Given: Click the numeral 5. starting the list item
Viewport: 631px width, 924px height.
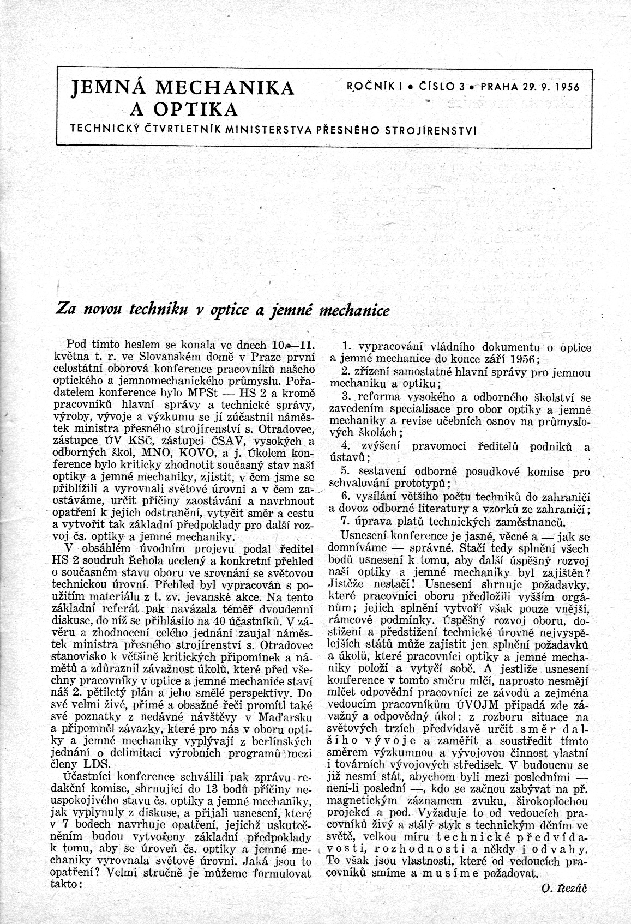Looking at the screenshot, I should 345,470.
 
